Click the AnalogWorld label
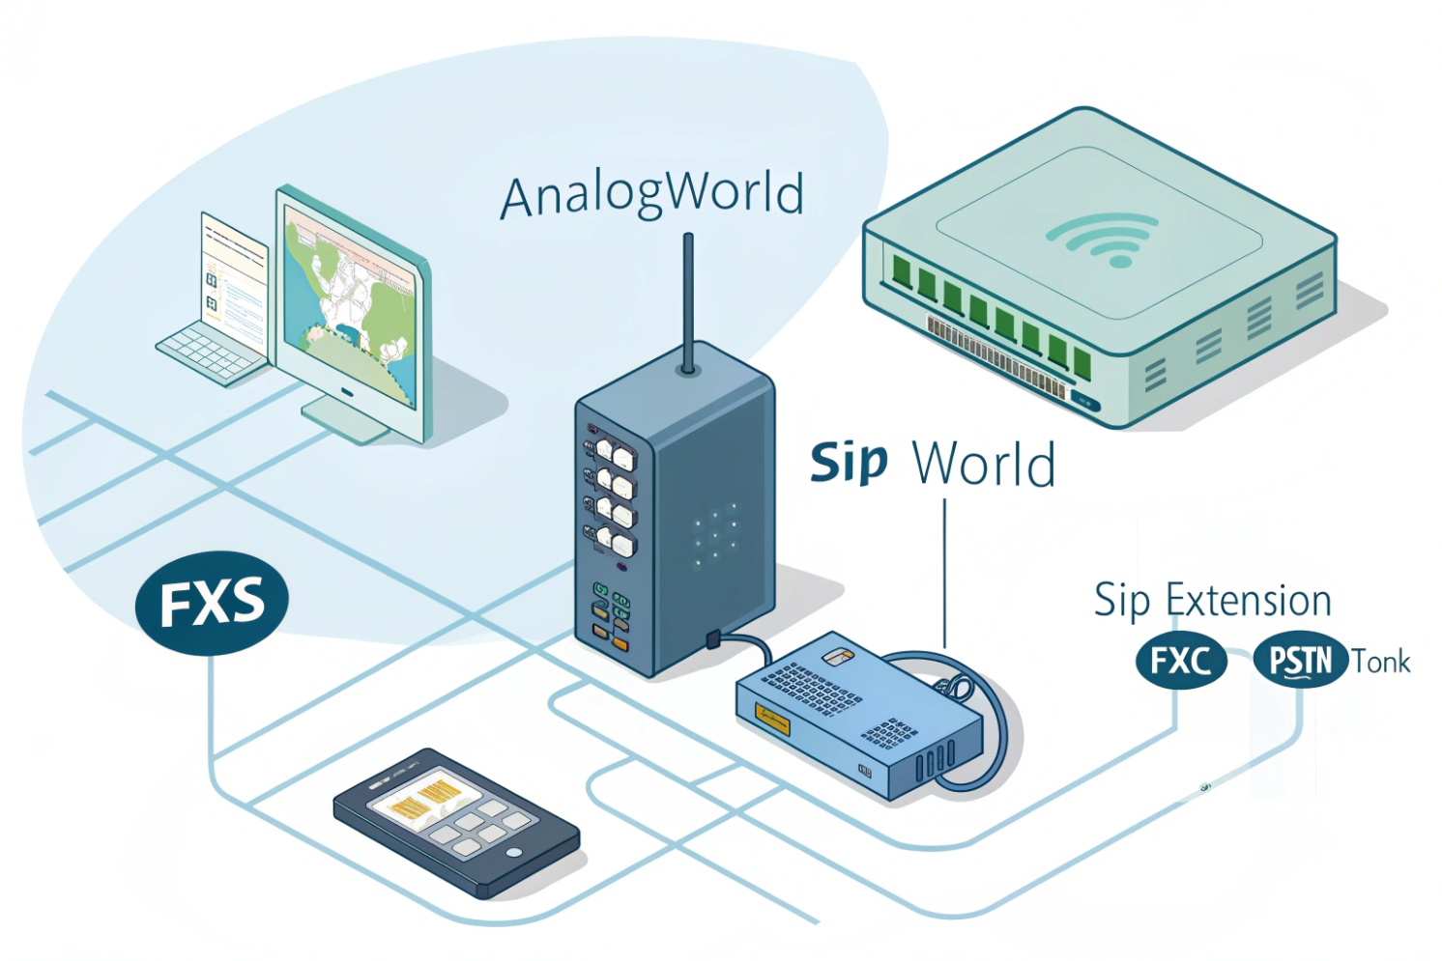[x=651, y=195]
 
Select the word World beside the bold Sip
[x=984, y=465]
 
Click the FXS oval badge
[x=212, y=603]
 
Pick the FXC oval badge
[x=1180, y=662]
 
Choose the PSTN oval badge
[x=1300, y=662]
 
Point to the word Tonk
[x=1380, y=663]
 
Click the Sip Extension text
[x=1212, y=601]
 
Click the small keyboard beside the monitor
[x=211, y=354]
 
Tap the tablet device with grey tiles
[x=455, y=820]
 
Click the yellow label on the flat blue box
[x=772, y=719]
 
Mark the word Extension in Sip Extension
[x=1248, y=601]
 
